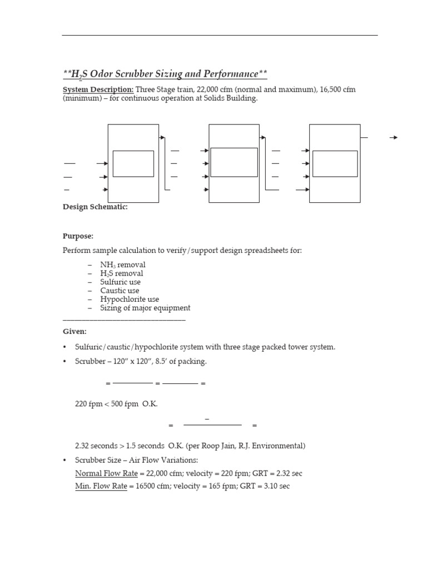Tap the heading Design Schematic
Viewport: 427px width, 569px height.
point(95,207)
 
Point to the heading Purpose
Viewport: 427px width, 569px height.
point(78,236)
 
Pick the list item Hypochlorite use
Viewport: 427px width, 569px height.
point(127,299)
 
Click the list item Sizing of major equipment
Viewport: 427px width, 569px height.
point(145,308)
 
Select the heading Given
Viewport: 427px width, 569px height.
point(75,331)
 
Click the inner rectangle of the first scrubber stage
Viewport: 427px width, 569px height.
point(133,163)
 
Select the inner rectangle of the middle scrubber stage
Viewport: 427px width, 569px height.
point(234,162)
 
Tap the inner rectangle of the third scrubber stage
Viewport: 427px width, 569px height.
point(335,163)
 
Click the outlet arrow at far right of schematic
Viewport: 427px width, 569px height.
point(394,137)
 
